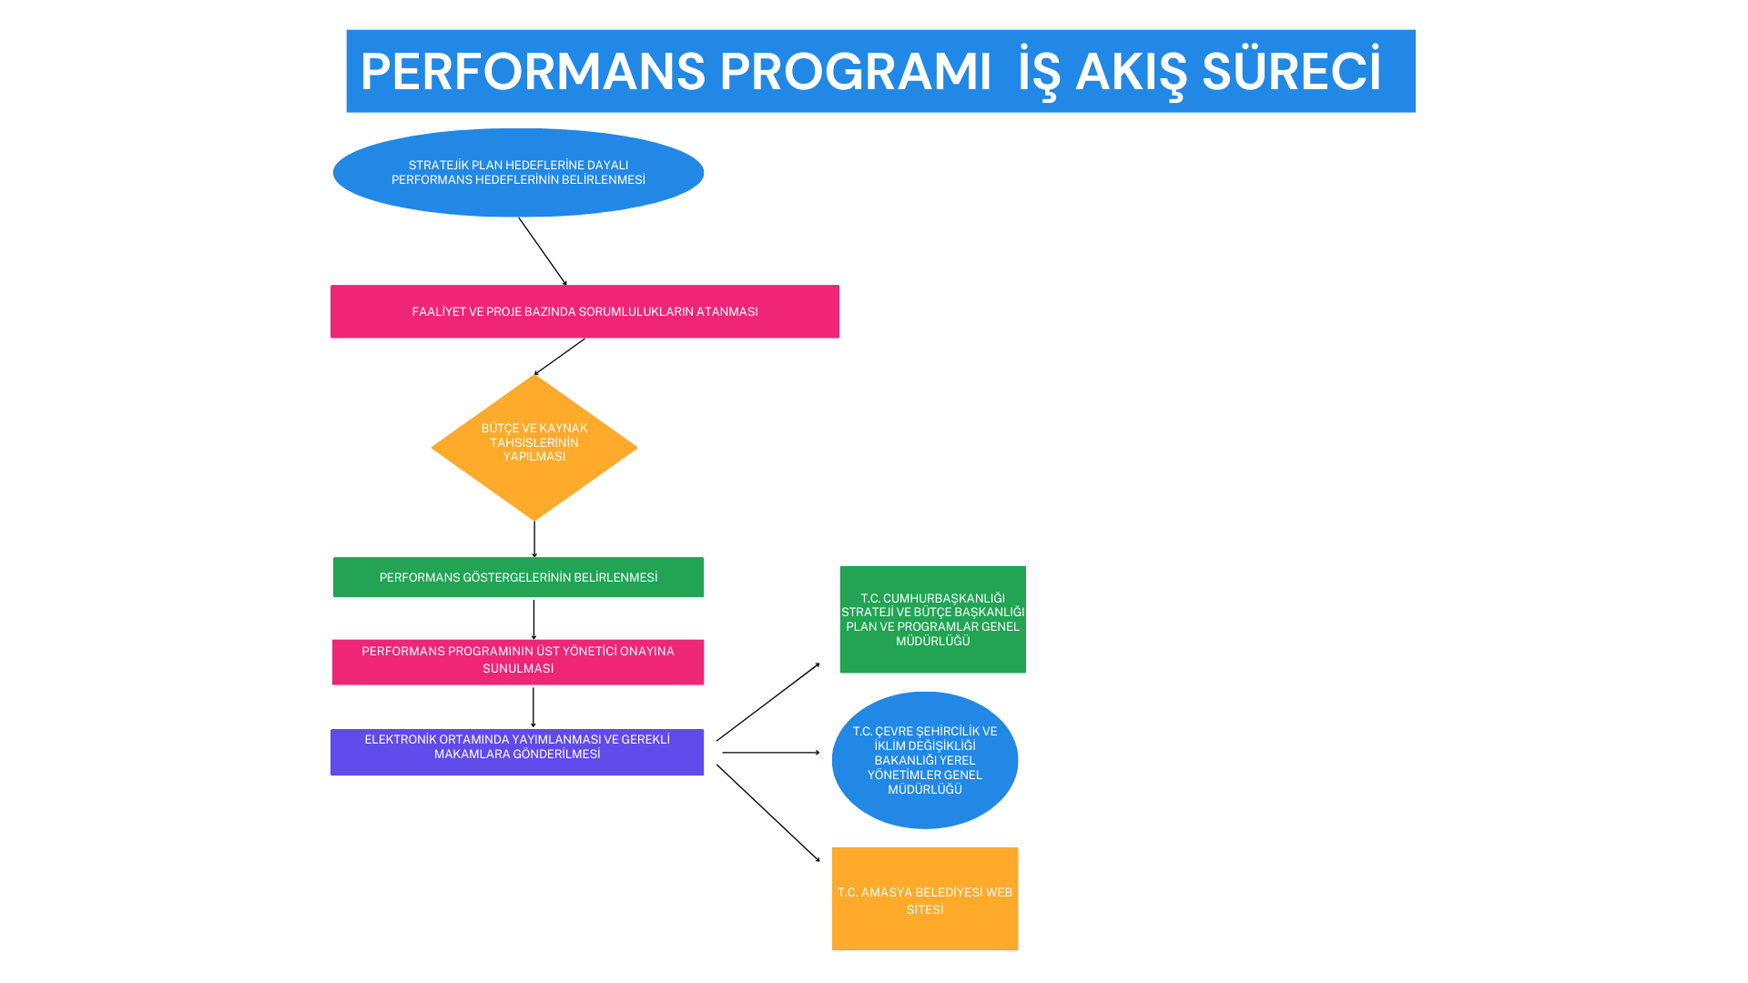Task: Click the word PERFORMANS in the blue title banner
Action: [533, 72]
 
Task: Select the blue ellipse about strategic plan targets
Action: [518, 172]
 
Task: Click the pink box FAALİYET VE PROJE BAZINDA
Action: [584, 311]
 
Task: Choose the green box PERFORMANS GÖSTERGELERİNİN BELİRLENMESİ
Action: [518, 577]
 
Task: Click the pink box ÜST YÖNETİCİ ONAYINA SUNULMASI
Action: [518, 661]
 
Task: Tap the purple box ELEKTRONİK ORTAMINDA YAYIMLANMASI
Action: [517, 752]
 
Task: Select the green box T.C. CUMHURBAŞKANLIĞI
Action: [932, 619]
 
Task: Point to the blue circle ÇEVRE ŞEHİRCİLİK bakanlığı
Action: [925, 760]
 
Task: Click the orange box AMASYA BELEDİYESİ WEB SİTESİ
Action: [925, 898]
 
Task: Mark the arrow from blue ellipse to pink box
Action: [543, 251]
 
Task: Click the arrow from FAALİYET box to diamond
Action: [560, 356]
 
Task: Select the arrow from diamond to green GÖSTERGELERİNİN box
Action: [534, 539]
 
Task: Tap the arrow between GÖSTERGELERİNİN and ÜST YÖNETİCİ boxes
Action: [534, 619]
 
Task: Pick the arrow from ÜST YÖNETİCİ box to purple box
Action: [534, 707]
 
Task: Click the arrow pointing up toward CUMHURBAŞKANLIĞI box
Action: [767, 702]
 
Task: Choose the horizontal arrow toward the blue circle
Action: [770, 753]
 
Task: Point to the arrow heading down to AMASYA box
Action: [767, 813]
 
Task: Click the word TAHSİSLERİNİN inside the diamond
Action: [534, 442]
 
